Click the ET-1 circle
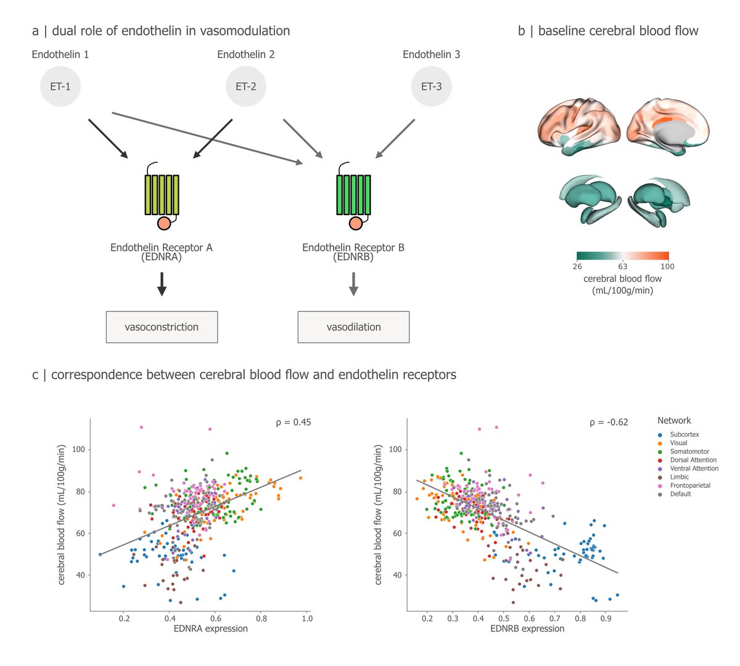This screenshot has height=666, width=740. click(60, 86)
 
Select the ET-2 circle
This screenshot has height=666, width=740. click(245, 86)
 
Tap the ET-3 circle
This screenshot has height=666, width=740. click(431, 86)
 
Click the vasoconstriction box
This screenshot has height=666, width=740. click(162, 327)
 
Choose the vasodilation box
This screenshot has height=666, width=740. click(353, 327)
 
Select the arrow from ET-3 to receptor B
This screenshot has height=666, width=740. click(395, 139)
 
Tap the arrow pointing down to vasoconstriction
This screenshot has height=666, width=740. click(162, 283)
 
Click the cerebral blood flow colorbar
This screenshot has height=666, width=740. click(622, 255)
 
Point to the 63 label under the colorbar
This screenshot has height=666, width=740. click(622, 267)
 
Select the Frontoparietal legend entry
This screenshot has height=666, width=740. click(690, 485)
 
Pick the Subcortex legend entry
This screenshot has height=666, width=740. click(684, 434)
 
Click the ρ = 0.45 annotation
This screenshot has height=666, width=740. click(293, 422)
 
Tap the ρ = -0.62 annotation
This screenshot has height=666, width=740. click(609, 422)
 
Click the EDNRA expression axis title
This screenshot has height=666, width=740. click(210, 628)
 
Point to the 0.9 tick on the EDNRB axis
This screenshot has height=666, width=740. click(606, 618)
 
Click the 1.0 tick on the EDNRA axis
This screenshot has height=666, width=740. click(307, 618)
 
